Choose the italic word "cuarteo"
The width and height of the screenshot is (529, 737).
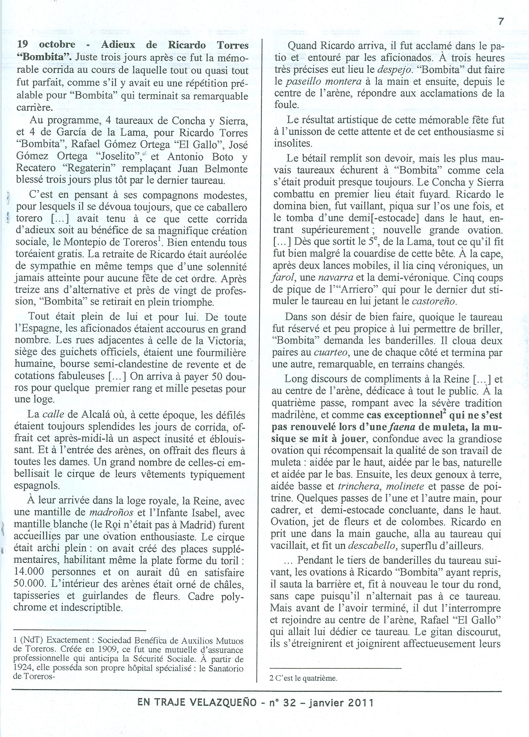(x=332, y=352)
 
